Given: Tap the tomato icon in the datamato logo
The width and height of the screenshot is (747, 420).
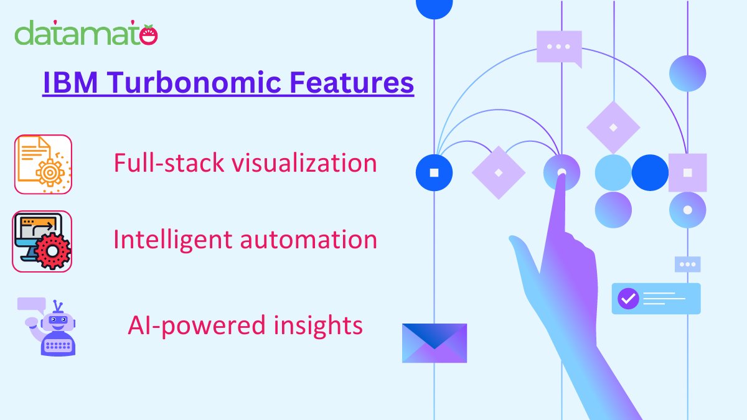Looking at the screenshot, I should tap(149, 35).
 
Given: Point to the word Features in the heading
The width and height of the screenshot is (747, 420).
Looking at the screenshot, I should tap(354, 83).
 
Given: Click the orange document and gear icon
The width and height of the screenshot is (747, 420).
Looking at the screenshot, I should tap(43, 164).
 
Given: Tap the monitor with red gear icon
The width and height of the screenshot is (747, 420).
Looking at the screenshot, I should tap(42, 241).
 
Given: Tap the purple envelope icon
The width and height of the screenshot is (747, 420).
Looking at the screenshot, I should tap(435, 343).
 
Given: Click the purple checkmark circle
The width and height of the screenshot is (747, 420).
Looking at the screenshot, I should tap(627, 299).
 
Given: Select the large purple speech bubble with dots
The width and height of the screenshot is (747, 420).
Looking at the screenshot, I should tap(558, 47).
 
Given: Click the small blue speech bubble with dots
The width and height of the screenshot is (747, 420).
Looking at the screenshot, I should tap(687, 264).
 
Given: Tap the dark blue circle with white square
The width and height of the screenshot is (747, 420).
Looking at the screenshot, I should tap(434, 172).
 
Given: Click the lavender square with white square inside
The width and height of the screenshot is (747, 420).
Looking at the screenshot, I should tap(687, 172).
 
